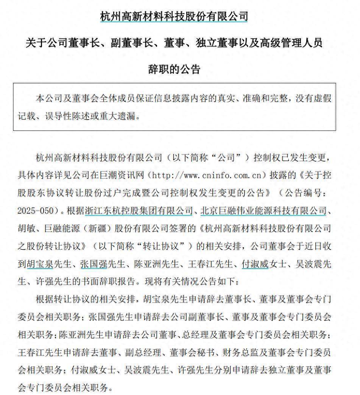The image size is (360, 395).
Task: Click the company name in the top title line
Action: tap(174, 17)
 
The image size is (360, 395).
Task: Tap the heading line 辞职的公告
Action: tap(174, 70)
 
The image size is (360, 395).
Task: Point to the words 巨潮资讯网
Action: tap(127, 176)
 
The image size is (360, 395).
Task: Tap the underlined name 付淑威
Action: tap(255, 264)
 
